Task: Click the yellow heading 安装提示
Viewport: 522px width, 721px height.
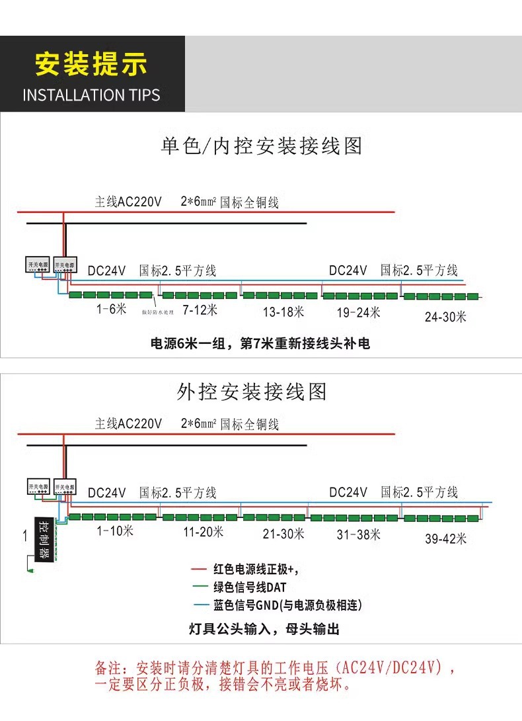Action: click(91, 65)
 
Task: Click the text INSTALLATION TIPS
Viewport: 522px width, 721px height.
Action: click(91, 95)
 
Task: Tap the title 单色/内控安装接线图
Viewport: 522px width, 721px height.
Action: click(262, 146)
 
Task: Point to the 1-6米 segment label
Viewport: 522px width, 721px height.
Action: click(111, 310)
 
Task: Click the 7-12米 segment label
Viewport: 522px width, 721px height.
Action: click(200, 310)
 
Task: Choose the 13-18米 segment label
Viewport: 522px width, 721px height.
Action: click(282, 311)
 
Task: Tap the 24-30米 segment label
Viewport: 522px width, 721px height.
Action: click(445, 317)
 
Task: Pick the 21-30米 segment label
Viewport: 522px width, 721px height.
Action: click(283, 533)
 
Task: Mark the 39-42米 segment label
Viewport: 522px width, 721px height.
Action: click(445, 539)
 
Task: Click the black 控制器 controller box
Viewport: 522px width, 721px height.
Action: click(44, 529)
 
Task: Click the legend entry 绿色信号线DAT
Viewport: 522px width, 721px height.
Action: click(250, 587)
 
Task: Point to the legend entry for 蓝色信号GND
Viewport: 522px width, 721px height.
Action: click(287, 605)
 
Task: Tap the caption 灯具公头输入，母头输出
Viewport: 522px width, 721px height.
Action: click(264, 628)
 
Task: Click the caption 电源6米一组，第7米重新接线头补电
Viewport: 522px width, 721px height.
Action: click(261, 344)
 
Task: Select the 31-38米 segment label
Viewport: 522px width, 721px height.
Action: click(359, 534)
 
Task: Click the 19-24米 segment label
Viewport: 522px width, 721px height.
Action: click(359, 312)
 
